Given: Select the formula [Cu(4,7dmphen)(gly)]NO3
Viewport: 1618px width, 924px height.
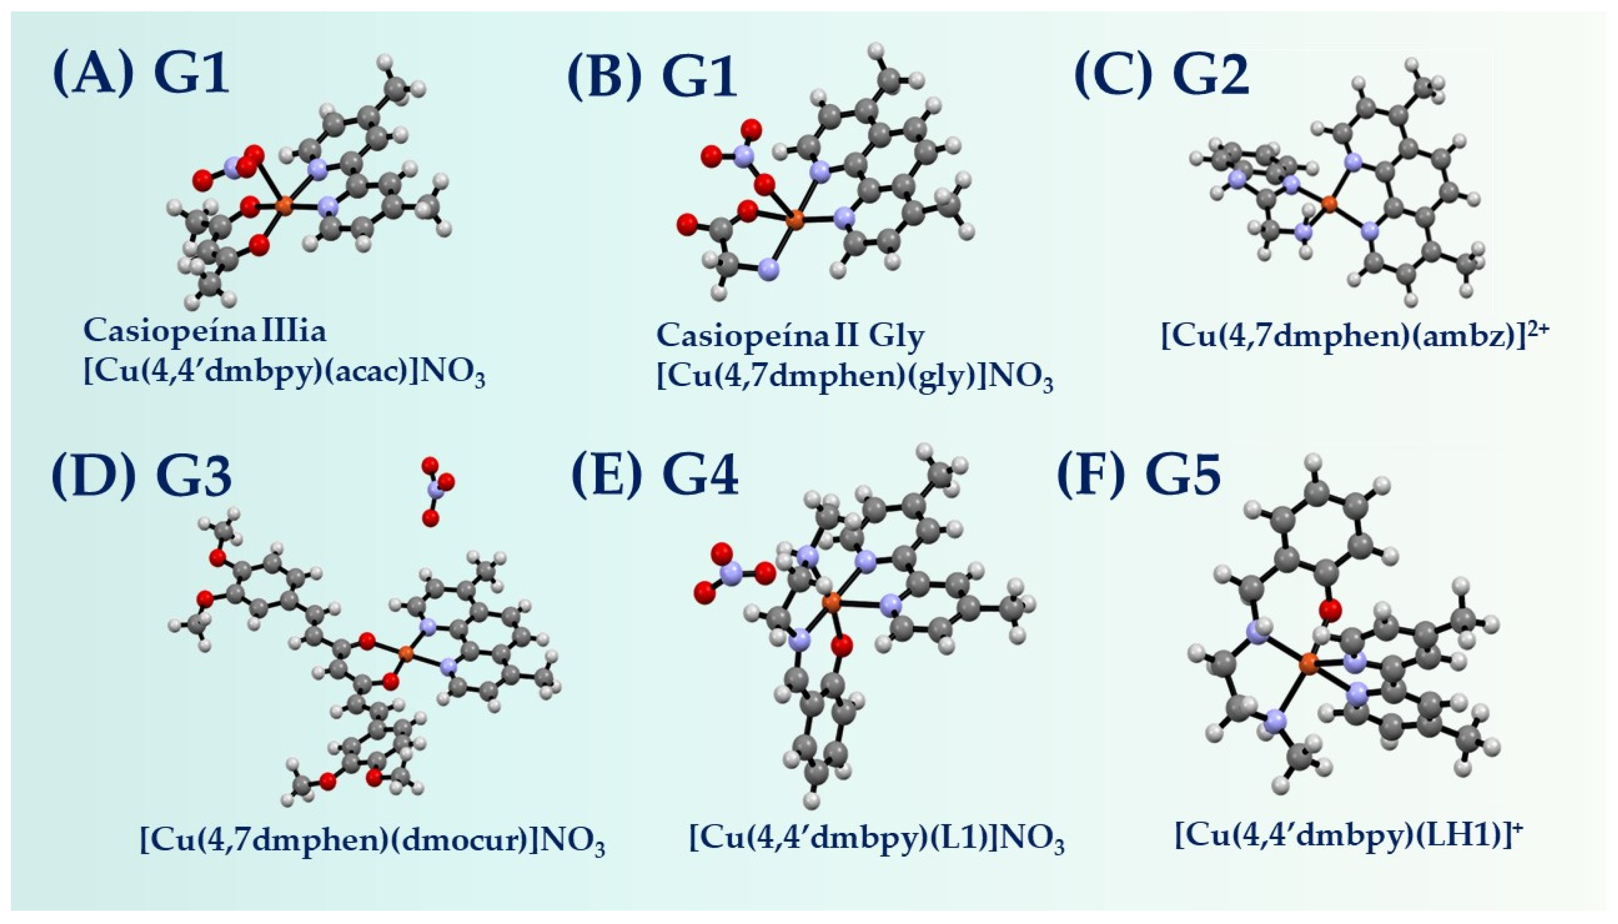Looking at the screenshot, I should point(854,377).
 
